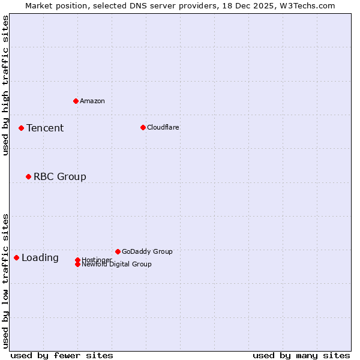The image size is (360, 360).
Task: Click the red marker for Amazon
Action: click(76, 101)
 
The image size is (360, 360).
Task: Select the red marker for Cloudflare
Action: click(143, 127)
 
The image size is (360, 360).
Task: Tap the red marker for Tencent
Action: click(21, 128)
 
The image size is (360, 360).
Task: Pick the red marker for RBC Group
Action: click(28, 176)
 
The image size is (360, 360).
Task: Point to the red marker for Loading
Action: click(16, 257)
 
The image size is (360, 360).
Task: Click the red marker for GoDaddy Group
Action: click(118, 251)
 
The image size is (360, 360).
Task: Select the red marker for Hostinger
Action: click(77, 260)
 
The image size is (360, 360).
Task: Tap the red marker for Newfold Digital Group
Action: click(77, 264)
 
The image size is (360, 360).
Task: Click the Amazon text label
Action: click(92, 101)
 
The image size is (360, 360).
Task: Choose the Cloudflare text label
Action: click(163, 127)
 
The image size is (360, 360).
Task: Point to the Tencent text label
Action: click(45, 128)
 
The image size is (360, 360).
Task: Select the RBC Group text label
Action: click(60, 176)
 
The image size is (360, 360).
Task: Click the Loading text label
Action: click(40, 258)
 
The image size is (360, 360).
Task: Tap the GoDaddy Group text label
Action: click(147, 251)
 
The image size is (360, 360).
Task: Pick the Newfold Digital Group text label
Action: click(117, 265)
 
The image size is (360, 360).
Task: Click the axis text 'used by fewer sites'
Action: click(62, 355)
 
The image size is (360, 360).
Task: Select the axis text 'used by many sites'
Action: click(301, 355)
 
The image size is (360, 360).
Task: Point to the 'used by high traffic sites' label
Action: click(6, 85)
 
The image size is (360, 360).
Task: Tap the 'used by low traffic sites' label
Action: click(6, 281)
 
